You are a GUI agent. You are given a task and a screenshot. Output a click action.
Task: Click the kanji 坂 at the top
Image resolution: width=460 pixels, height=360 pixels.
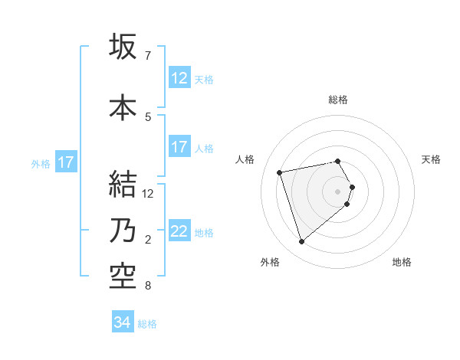tap(123, 47)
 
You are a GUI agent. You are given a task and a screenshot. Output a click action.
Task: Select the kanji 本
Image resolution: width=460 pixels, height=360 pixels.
tap(123, 107)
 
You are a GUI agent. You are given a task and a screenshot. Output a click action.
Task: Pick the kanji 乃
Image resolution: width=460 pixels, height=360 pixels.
tap(123, 231)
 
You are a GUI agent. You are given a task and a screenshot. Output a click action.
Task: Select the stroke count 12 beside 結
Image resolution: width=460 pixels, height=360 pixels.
tap(149, 194)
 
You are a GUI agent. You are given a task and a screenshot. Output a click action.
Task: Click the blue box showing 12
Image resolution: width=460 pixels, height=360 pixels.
tap(179, 78)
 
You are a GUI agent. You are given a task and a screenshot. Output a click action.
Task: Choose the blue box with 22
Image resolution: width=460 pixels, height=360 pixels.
tap(179, 231)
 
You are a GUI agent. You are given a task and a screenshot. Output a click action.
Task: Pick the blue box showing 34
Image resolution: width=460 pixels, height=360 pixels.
tap(123, 322)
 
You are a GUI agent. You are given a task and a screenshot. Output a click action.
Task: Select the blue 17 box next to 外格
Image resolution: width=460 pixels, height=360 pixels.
tap(65, 162)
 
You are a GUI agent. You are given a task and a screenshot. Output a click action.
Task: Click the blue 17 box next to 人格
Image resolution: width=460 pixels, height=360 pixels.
tap(179, 147)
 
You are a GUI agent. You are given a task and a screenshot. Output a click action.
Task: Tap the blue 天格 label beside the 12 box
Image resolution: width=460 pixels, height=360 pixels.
tap(204, 79)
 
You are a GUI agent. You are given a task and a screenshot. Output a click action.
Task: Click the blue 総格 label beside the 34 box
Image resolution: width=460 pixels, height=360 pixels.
tap(147, 323)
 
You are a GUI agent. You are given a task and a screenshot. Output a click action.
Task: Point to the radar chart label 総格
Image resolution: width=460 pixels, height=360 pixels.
tap(337, 100)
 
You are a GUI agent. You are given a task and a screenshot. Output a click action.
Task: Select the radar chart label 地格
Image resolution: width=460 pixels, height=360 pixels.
tap(402, 263)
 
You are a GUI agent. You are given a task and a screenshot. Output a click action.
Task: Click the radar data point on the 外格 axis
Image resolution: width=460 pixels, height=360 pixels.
tap(302, 242)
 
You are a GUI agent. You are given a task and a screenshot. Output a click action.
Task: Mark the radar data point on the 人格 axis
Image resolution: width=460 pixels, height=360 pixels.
tap(280, 172)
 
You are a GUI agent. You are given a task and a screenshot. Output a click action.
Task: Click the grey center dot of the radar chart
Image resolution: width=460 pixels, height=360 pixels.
tap(337, 191)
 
